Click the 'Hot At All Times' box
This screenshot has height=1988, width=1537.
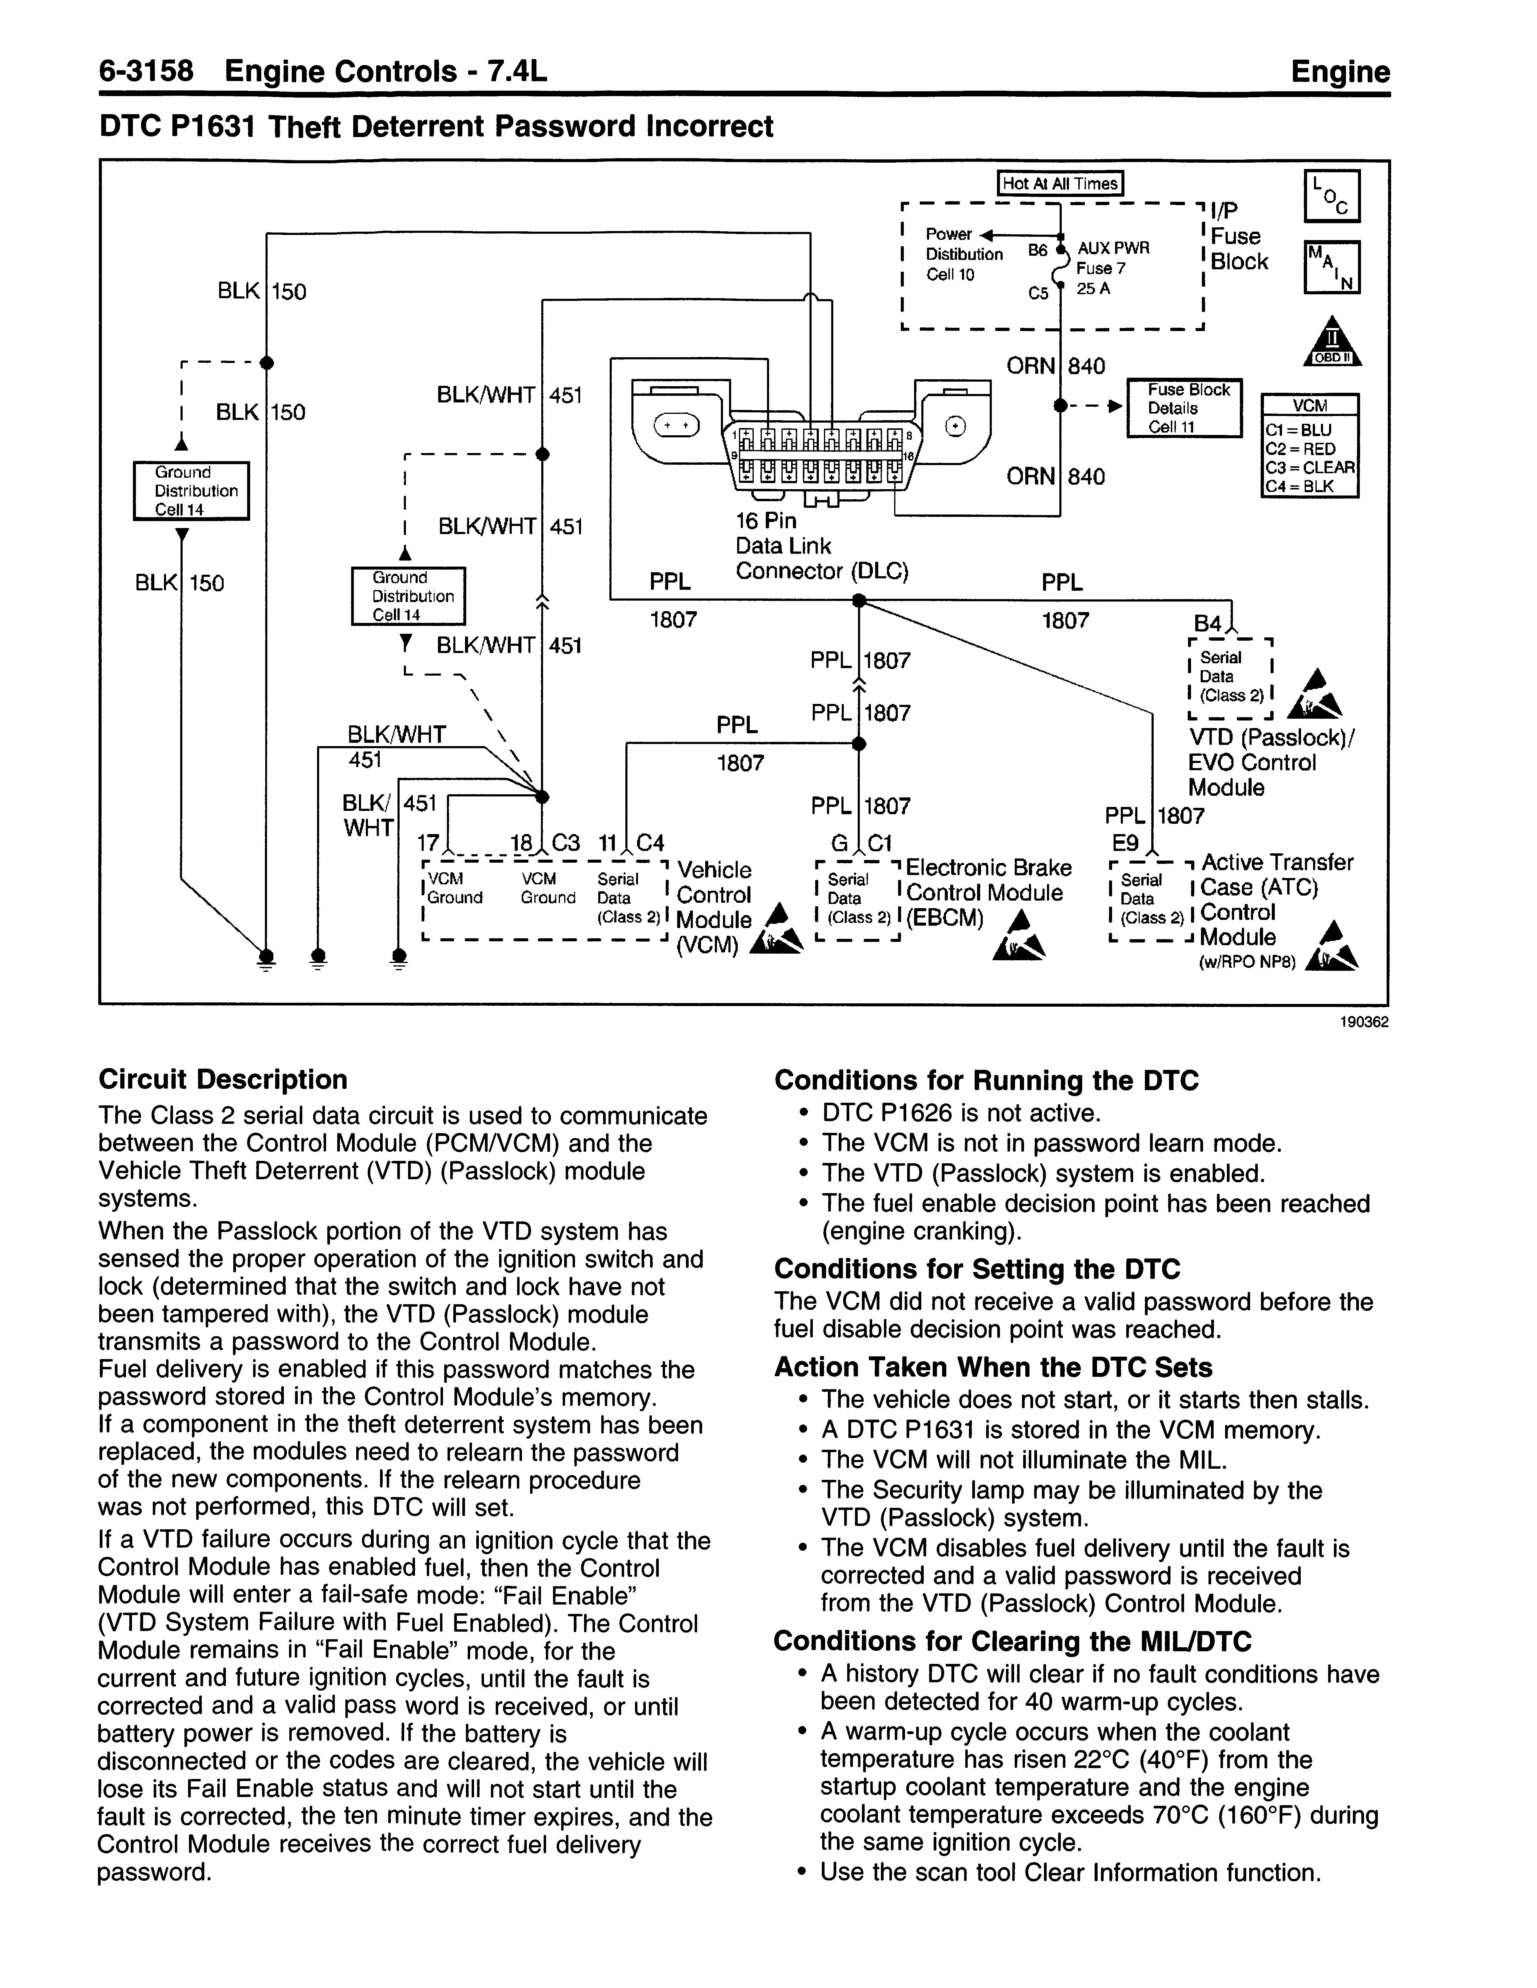1060,183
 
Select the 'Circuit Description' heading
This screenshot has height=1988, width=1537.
223,1080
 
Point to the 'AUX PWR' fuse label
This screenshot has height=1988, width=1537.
1114,248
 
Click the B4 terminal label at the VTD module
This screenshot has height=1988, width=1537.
1207,624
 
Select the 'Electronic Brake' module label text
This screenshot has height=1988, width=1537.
989,867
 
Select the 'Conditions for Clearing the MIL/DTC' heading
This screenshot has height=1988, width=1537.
1013,1641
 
